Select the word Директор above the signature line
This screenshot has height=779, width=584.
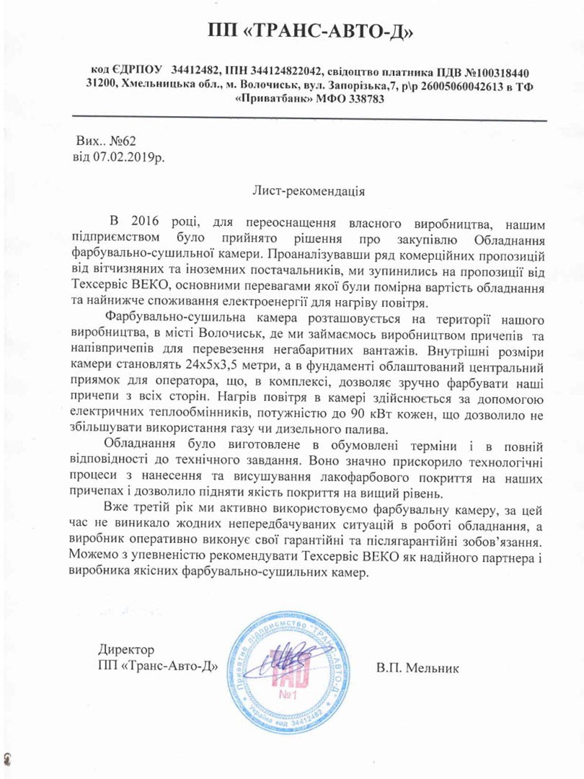[x=127, y=650]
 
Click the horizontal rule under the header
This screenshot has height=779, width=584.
[x=311, y=118]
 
